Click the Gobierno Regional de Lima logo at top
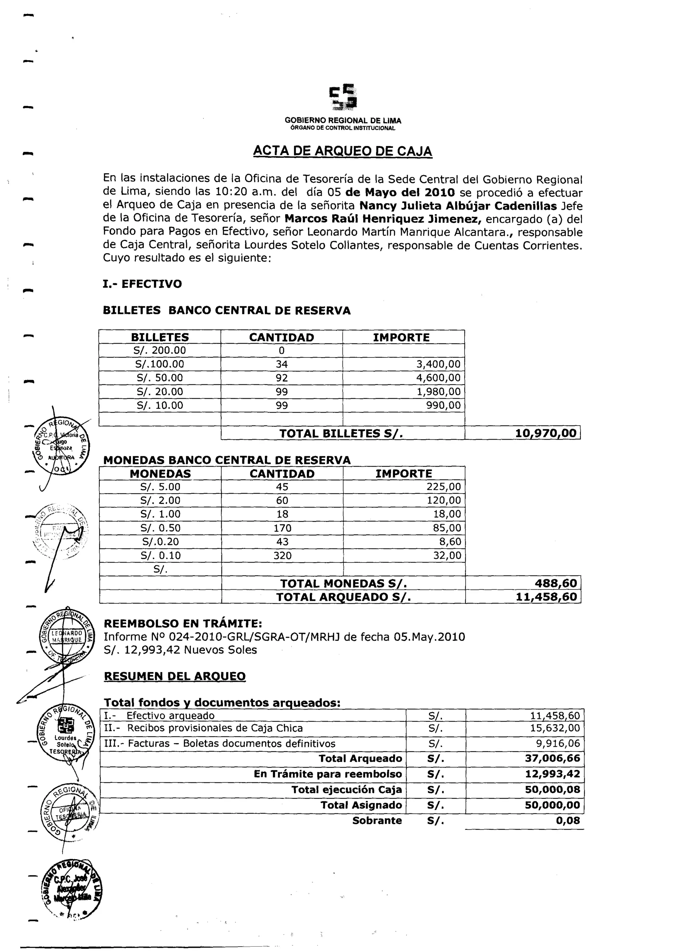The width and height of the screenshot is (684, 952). click(x=343, y=97)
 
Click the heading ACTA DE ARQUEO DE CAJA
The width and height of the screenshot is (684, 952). click(x=342, y=151)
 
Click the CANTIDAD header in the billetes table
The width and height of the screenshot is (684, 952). click(x=281, y=337)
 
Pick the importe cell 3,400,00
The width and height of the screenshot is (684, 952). click(x=438, y=364)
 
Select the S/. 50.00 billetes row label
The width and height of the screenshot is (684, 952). click(x=160, y=377)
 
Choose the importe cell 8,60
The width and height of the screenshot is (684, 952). click(x=450, y=541)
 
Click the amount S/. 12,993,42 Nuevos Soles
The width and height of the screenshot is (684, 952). click(x=180, y=650)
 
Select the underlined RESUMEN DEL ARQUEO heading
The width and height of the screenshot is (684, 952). click(x=175, y=676)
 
